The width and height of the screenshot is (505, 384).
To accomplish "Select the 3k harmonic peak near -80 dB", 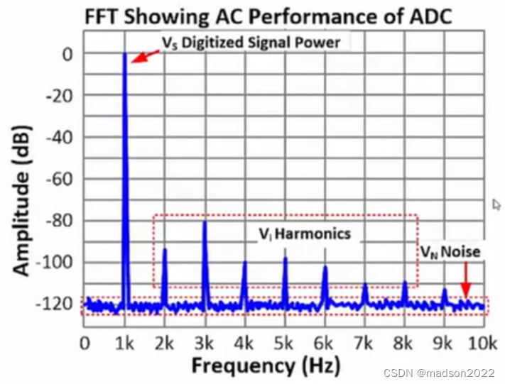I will [x=205, y=223].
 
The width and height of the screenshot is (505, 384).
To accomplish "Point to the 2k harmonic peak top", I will [x=165, y=249].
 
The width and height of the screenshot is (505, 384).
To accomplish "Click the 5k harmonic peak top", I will [x=285, y=258].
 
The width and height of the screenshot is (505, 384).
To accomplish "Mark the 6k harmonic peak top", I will [x=325, y=268].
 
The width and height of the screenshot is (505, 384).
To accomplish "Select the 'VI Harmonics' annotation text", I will [x=303, y=233].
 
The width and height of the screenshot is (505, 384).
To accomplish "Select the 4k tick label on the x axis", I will [x=244, y=344].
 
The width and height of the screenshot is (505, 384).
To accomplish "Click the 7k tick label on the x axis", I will [x=364, y=344].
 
